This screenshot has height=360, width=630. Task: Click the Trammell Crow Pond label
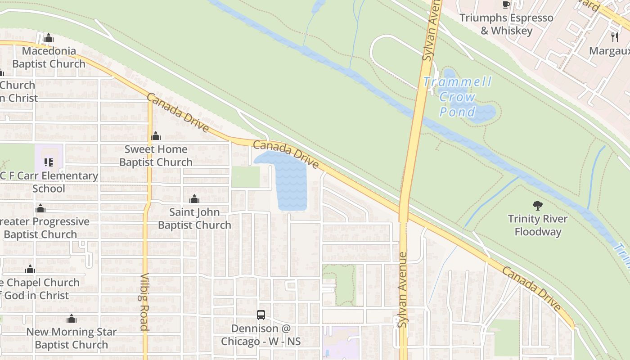[x=457, y=97]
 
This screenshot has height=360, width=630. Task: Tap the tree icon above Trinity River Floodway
[x=537, y=206]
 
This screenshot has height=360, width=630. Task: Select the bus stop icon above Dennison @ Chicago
[x=261, y=315]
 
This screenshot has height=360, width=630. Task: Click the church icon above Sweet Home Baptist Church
[x=156, y=136]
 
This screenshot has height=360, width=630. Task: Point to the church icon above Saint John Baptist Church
[x=194, y=199]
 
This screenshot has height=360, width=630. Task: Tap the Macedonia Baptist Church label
[x=49, y=57]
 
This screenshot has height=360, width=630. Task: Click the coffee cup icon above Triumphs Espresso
[x=506, y=5]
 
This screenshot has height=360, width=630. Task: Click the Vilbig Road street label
[x=144, y=301]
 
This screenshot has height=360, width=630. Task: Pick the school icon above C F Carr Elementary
[x=49, y=162]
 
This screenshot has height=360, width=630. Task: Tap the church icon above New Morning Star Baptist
[x=72, y=319]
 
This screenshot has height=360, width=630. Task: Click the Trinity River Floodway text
[x=538, y=225]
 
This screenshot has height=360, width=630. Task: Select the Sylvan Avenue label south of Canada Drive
[x=402, y=290]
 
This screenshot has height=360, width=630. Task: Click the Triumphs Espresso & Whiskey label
[x=506, y=24]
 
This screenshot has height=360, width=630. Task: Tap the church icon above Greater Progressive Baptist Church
[x=40, y=208]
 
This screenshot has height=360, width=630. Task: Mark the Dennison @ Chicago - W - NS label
[x=261, y=335]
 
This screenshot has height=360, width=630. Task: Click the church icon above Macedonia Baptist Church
[x=49, y=38]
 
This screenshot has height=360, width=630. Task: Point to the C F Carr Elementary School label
[x=48, y=182]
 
